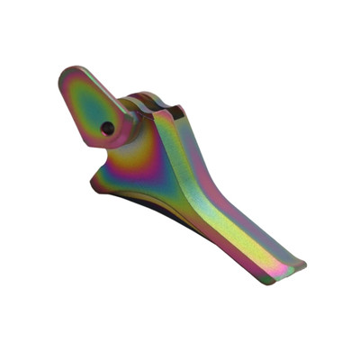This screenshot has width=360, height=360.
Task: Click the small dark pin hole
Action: point(108,128)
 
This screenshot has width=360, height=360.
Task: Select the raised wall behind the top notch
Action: point(180,108)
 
